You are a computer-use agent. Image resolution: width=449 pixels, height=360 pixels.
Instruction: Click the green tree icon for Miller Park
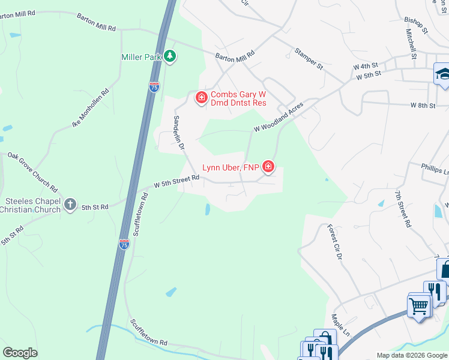point(170,56)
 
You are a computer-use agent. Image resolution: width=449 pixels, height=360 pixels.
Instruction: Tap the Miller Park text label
point(142,57)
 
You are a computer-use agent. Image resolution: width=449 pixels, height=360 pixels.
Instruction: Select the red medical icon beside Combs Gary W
point(201,97)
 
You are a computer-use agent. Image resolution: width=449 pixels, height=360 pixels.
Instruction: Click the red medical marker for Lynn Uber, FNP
point(269,167)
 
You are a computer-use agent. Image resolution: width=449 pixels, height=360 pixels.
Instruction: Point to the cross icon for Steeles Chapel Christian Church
point(70,205)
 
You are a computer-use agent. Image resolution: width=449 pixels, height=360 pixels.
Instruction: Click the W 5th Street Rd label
point(176,181)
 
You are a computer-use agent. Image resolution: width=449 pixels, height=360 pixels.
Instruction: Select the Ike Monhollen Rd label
point(90,108)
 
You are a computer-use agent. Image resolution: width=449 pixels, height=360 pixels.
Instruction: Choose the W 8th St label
point(422,105)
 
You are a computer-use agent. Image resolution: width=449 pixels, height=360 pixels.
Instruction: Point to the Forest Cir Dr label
point(334,242)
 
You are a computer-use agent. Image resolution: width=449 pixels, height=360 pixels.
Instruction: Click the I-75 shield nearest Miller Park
point(154,86)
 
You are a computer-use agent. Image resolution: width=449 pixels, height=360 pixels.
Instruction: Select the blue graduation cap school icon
point(441,74)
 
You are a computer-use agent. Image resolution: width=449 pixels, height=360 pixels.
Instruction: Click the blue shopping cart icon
point(418,305)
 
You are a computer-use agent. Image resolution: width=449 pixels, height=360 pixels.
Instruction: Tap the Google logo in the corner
point(20,353)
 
